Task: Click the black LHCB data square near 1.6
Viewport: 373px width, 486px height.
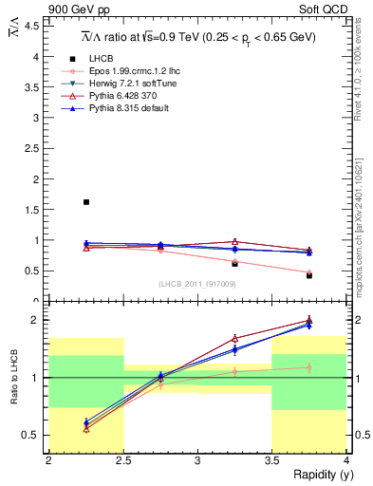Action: click(x=85, y=202)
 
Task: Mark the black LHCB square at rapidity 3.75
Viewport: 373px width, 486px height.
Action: click(x=309, y=275)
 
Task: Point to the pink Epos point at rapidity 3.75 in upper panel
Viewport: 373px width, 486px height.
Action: click(x=309, y=272)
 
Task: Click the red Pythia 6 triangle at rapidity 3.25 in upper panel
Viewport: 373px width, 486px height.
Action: click(x=234, y=241)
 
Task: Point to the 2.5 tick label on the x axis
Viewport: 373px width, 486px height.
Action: click(x=122, y=460)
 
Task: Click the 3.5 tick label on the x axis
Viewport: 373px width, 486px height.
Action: click(x=272, y=460)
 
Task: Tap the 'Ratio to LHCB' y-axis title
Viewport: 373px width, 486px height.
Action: click(x=12, y=378)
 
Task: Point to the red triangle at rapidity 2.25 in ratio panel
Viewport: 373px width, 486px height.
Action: click(x=85, y=429)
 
